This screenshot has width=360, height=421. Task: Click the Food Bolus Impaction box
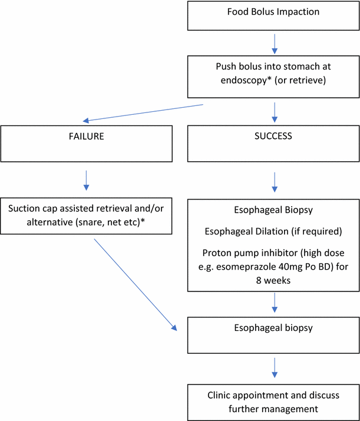(273, 15)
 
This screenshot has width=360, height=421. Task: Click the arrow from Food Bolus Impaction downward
(274, 42)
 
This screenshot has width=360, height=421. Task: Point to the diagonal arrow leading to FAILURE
(144, 112)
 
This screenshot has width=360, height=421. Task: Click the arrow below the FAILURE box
(87, 180)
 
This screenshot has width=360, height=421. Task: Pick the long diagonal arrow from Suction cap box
(134, 285)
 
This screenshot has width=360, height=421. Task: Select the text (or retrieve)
(305, 81)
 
